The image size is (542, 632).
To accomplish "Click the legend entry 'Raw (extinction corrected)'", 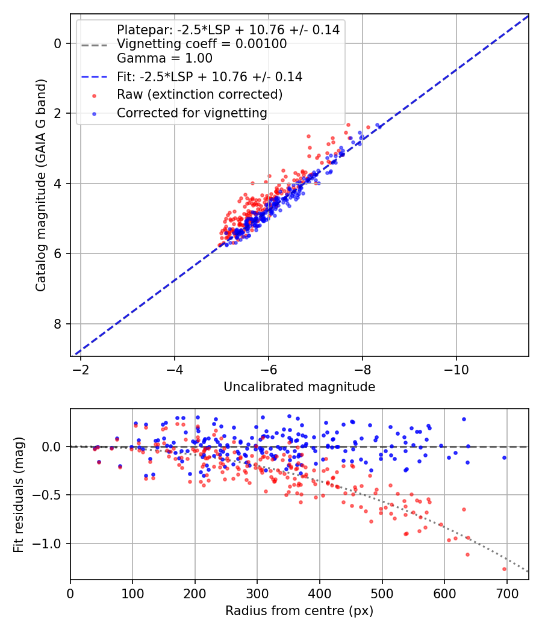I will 199,94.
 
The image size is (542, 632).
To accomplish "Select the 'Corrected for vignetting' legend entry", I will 192,113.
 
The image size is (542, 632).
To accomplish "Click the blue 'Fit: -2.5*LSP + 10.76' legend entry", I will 210,76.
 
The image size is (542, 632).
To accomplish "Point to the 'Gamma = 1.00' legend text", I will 164,58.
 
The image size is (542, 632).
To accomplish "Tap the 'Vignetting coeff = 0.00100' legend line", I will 202,44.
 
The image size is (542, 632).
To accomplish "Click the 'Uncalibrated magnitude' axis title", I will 299,387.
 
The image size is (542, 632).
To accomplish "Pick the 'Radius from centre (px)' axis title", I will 299,611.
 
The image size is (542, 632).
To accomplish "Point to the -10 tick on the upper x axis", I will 456,367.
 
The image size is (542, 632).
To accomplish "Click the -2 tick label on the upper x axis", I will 81,367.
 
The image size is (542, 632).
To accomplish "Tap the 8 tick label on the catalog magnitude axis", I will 58,324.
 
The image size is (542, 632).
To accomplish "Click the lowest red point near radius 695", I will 504,569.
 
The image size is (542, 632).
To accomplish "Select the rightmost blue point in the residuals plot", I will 504,457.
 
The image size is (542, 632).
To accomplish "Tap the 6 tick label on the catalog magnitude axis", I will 58,253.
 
